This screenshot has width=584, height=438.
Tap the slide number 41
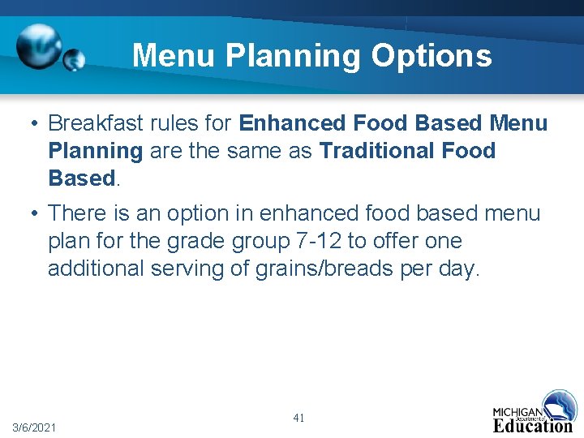(x=298, y=418)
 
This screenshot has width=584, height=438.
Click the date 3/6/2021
(x=34, y=427)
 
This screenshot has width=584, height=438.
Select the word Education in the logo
(x=532, y=426)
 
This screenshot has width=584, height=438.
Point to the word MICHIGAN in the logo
(x=518, y=412)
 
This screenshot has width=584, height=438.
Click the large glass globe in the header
(x=38, y=46)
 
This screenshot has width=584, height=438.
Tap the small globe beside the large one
(x=74, y=60)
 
